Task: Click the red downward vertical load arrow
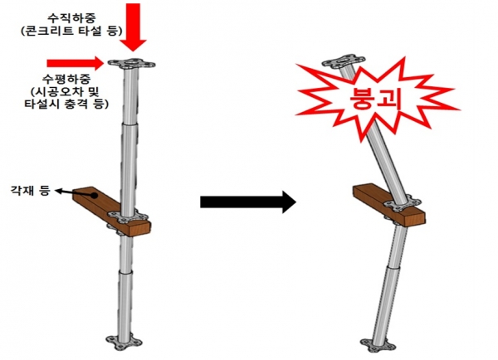134,27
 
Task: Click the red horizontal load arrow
75,63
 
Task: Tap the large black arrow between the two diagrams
248,202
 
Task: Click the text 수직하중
71,18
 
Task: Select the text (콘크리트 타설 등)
71,32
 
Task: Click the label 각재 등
31,191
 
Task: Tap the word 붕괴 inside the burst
375,98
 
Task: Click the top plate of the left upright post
131,64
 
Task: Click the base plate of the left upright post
124,343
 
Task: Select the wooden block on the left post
112,211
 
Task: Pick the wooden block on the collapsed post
389,205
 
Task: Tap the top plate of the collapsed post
344,61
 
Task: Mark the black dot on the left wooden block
95,195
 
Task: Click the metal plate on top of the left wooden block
128,216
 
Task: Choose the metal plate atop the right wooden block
403,205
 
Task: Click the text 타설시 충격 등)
66,105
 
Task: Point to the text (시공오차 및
66,91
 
